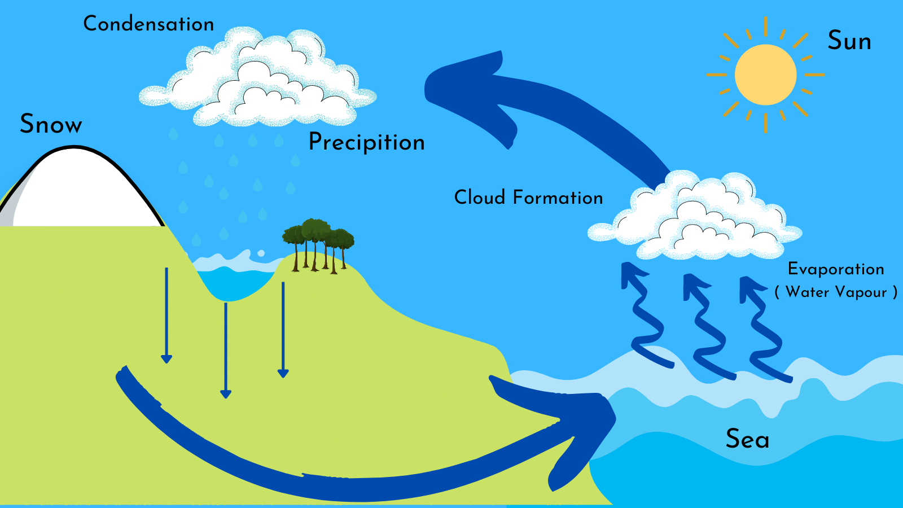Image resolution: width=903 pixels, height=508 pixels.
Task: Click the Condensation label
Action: click(148, 24)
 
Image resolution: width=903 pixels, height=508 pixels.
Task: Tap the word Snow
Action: click(51, 124)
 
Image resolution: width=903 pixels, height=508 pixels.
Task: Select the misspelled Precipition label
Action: click(366, 142)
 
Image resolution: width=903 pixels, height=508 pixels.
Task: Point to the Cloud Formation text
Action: click(528, 198)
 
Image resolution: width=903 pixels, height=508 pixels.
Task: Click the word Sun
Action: click(849, 41)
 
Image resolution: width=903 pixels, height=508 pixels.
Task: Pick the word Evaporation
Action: click(836, 269)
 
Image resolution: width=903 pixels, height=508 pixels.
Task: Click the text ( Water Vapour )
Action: click(836, 292)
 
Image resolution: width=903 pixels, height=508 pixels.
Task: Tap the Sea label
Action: click(747, 439)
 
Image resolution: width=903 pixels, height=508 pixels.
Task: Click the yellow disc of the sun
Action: click(765, 75)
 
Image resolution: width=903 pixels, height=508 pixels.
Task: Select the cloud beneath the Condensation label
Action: click(258, 77)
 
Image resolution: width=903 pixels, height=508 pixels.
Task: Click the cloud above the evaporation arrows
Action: click(695, 215)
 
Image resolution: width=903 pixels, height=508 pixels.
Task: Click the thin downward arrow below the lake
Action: click(226, 351)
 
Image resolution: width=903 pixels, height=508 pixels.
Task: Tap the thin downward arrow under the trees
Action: click(283, 330)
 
